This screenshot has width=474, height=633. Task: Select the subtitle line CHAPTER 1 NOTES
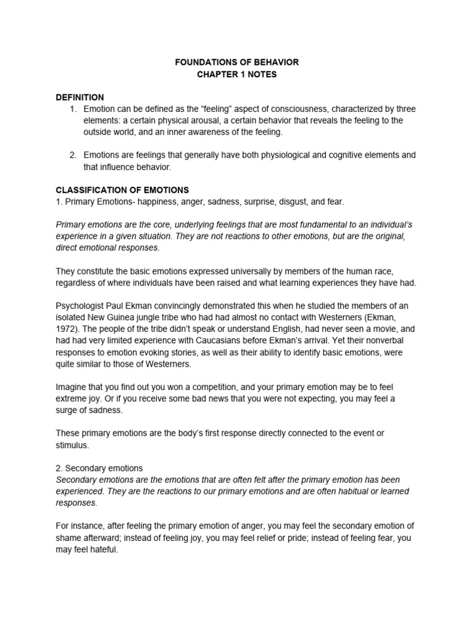pos(237,75)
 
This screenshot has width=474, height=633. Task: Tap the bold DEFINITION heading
pos(80,97)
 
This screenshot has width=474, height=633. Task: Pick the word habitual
pos(347,491)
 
